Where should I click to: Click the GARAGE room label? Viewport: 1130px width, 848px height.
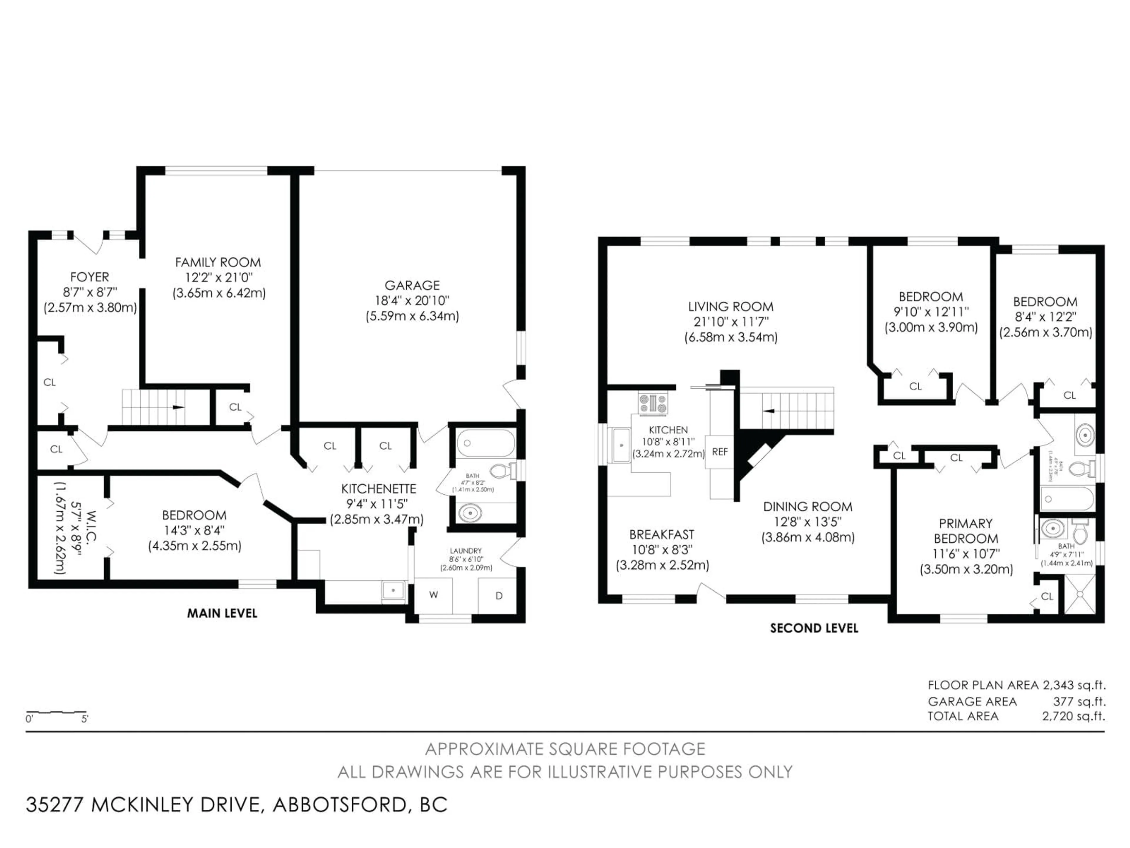[412, 285]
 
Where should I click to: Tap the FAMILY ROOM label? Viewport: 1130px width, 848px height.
[218, 262]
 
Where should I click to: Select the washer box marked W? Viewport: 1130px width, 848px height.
[433, 595]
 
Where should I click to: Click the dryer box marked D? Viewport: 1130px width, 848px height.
[498, 595]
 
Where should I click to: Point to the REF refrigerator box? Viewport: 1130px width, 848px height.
[720, 452]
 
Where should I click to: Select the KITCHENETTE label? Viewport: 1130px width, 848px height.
[378, 489]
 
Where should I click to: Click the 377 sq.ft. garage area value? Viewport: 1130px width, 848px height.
[1079, 701]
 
